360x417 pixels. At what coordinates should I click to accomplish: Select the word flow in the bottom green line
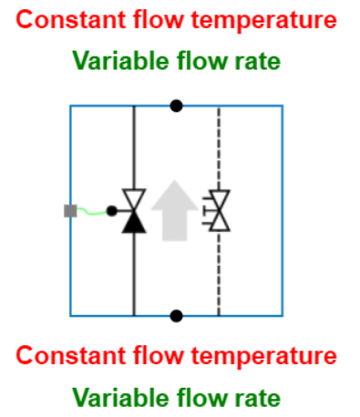click(x=201, y=397)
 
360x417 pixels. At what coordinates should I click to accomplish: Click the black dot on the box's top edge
click(x=176, y=106)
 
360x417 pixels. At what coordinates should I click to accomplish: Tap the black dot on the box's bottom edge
click(x=176, y=316)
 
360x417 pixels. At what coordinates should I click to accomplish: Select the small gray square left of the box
click(x=70, y=211)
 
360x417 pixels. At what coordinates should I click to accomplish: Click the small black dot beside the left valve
click(x=111, y=211)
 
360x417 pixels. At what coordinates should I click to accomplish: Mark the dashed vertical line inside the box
click(x=219, y=273)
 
